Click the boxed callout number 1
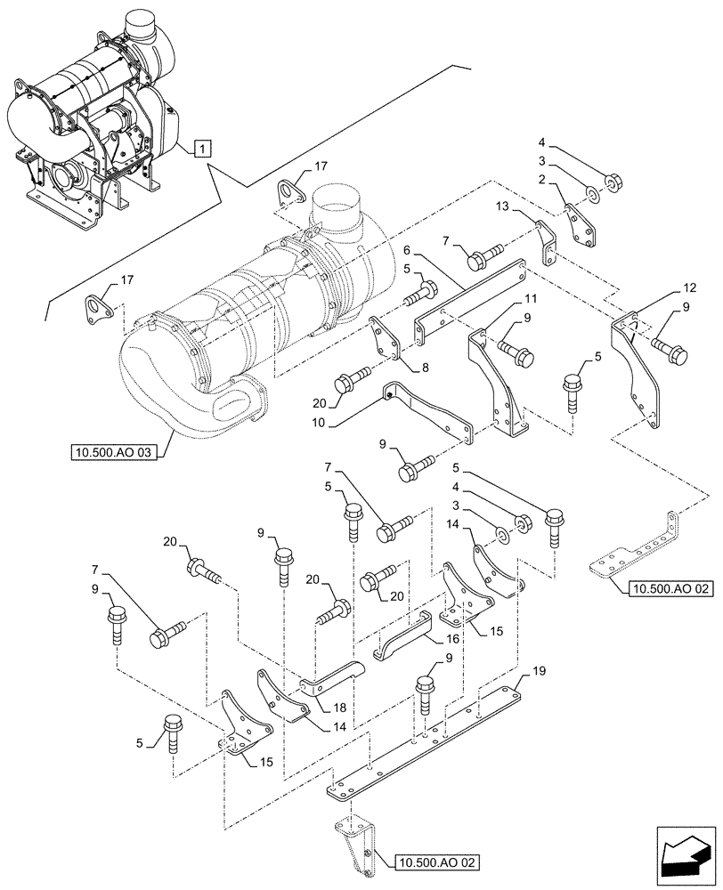coord(203,149)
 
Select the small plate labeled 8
coord(386,343)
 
